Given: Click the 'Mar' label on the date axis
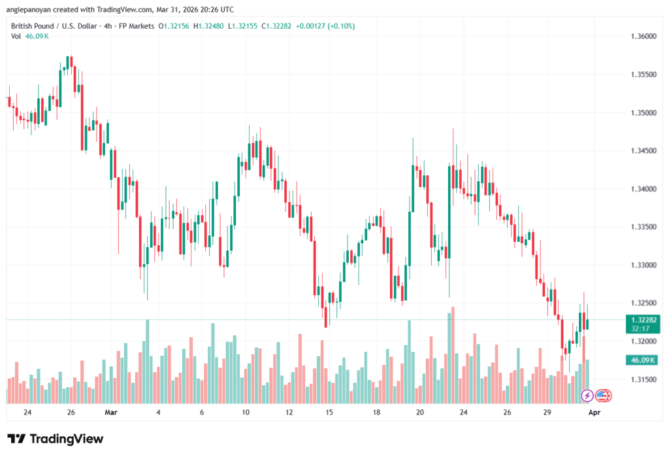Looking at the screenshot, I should coord(111,413).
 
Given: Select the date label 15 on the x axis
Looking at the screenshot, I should coord(329,413).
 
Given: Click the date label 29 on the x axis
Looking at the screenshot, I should coord(547,413).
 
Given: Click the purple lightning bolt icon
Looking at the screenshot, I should coord(587,396).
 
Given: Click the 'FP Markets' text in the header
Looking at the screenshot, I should coord(134,25).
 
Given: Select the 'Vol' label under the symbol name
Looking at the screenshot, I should coord(16,36).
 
